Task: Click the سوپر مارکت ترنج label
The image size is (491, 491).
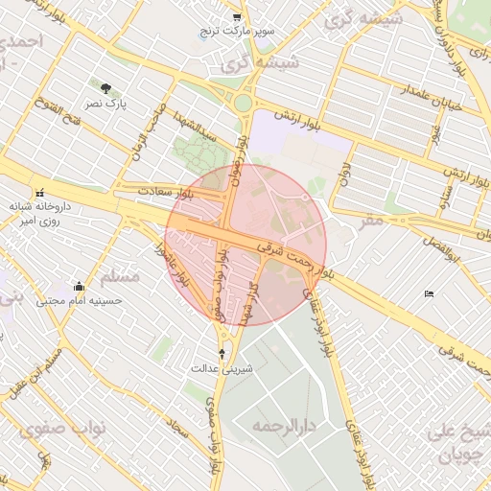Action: click(237, 32)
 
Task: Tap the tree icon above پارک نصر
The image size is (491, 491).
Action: click(105, 87)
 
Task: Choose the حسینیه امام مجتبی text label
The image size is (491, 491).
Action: click(81, 300)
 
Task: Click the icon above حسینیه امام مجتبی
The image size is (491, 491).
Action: click(79, 286)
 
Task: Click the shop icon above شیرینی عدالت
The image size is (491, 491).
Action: click(223, 354)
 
